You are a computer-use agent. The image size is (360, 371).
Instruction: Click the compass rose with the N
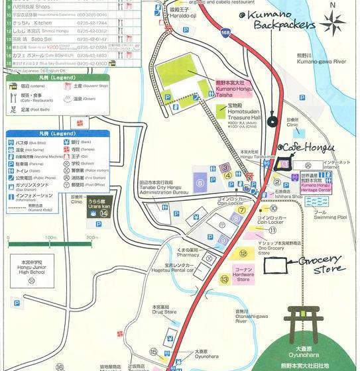[333, 24]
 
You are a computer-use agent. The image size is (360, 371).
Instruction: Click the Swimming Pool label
[330, 214]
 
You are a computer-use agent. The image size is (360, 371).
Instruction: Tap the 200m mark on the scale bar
[91, 237]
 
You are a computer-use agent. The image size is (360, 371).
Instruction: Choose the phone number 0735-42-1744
[91, 22]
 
